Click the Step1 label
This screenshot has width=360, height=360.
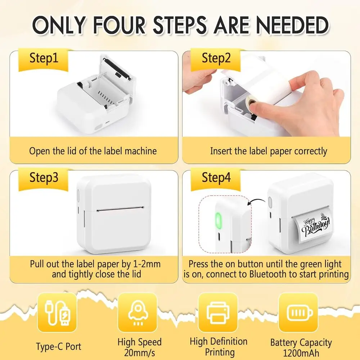[44, 58]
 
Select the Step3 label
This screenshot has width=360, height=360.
[44, 177]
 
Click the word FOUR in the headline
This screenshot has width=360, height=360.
[120, 25]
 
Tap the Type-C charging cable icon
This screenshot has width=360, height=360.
[57, 313]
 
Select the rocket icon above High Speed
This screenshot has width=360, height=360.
[138, 313]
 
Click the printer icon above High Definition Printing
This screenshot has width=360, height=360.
[218, 313]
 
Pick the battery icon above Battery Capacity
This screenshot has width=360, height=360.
[300, 313]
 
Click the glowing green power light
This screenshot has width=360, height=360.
[217, 221]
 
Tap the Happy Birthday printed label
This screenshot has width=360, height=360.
[315, 226]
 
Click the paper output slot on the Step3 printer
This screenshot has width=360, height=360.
[120, 209]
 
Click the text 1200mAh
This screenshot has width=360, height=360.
[301, 353]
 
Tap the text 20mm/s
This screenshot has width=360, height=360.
[140, 353]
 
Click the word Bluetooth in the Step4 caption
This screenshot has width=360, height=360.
[269, 274]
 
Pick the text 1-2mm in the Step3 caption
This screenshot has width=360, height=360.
[147, 264]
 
